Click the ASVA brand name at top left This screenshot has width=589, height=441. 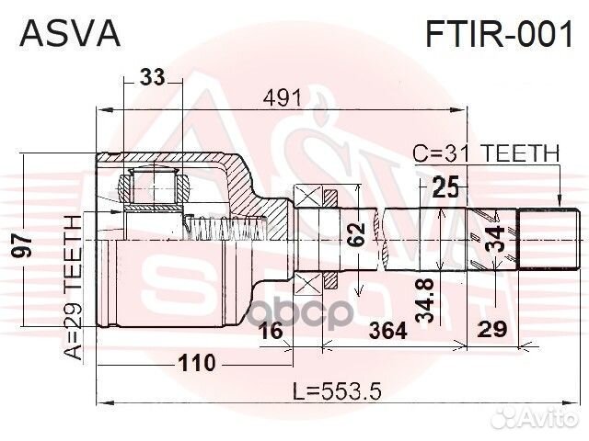click(x=70, y=34)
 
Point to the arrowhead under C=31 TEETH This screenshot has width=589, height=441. click(x=559, y=204)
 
